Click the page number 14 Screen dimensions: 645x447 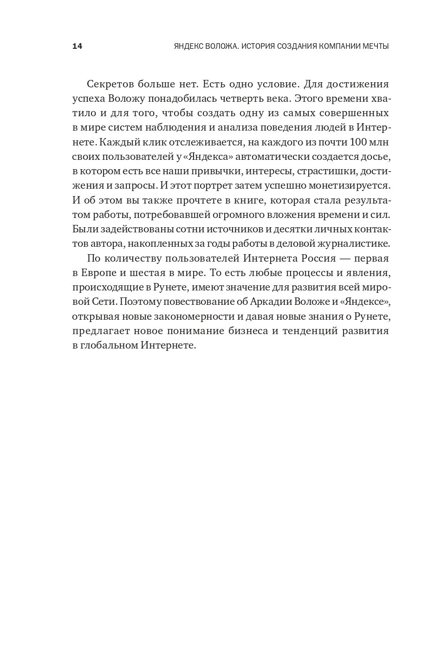[77, 46]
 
